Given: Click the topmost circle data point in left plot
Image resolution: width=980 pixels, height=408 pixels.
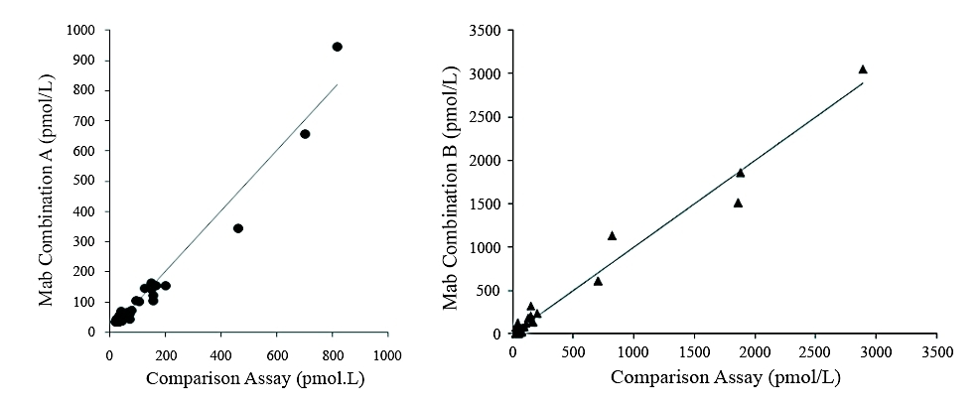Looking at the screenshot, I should (337, 47).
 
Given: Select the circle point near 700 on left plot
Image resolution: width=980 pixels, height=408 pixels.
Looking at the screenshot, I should (305, 134).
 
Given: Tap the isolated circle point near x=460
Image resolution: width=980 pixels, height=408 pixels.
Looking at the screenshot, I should (238, 228).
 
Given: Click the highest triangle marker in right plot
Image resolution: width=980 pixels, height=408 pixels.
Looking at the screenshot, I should (863, 68).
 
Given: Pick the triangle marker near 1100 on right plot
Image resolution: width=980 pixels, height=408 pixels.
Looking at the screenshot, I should (612, 235).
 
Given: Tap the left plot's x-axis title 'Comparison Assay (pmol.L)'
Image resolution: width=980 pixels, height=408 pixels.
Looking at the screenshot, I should (247, 378).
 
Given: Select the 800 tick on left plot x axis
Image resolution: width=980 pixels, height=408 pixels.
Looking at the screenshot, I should (333, 353).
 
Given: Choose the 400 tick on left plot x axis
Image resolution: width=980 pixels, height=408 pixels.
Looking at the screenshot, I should (220, 353).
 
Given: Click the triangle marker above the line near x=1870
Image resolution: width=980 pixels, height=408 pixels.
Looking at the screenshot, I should (740, 173).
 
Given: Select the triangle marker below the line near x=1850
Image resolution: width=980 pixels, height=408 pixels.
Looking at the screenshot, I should (738, 203).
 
